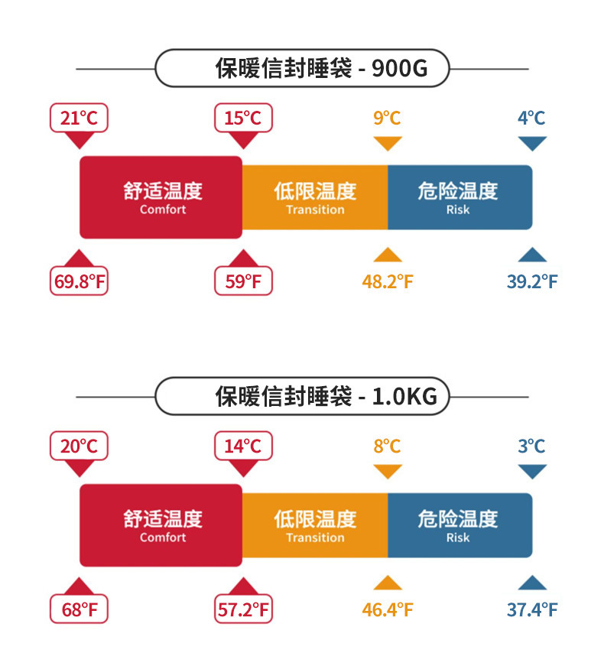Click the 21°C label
[79, 118]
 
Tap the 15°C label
[243, 118]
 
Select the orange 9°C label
[387, 118]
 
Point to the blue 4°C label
[531, 118]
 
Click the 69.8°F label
[79, 281]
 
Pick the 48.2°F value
[388, 281]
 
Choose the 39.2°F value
[532, 281]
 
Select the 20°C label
[79, 446]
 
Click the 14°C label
[243, 446]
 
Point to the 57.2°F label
[243, 609]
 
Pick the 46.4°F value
[388, 609]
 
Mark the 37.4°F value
[532, 609]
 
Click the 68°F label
[79, 609]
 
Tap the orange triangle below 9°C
[388, 144]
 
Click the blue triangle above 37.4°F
[532, 583]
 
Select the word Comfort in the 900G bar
[163, 209]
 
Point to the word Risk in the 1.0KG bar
[458, 537]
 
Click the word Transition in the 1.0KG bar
[315, 537]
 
